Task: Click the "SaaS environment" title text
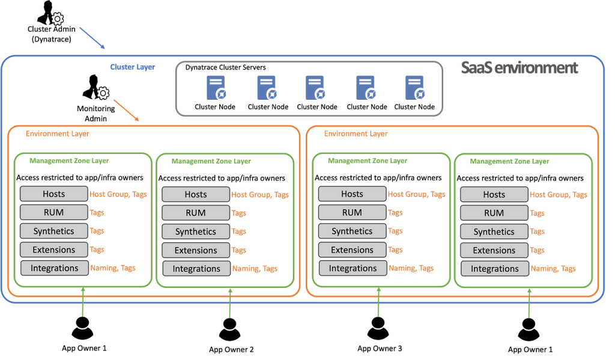tap(519, 68)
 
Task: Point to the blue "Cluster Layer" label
tap(132, 67)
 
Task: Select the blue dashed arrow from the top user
tap(92, 38)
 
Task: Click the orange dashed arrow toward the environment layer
tap(126, 111)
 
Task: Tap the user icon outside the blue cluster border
tap(50, 14)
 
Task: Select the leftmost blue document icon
tap(216, 87)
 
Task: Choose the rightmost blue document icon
tap(415, 87)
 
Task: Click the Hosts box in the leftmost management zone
tap(54, 194)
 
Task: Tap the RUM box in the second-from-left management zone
tap(196, 213)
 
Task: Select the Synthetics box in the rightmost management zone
tap(494, 232)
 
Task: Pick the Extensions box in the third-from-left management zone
tap(352, 250)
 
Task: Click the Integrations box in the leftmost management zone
tap(54, 268)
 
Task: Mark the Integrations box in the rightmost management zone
tap(494, 269)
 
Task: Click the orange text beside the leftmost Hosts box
tap(118, 194)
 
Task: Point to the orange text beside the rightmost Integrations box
tap(553, 269)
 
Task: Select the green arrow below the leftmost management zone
tap(83, 302)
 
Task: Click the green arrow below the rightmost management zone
tap(529, 303)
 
